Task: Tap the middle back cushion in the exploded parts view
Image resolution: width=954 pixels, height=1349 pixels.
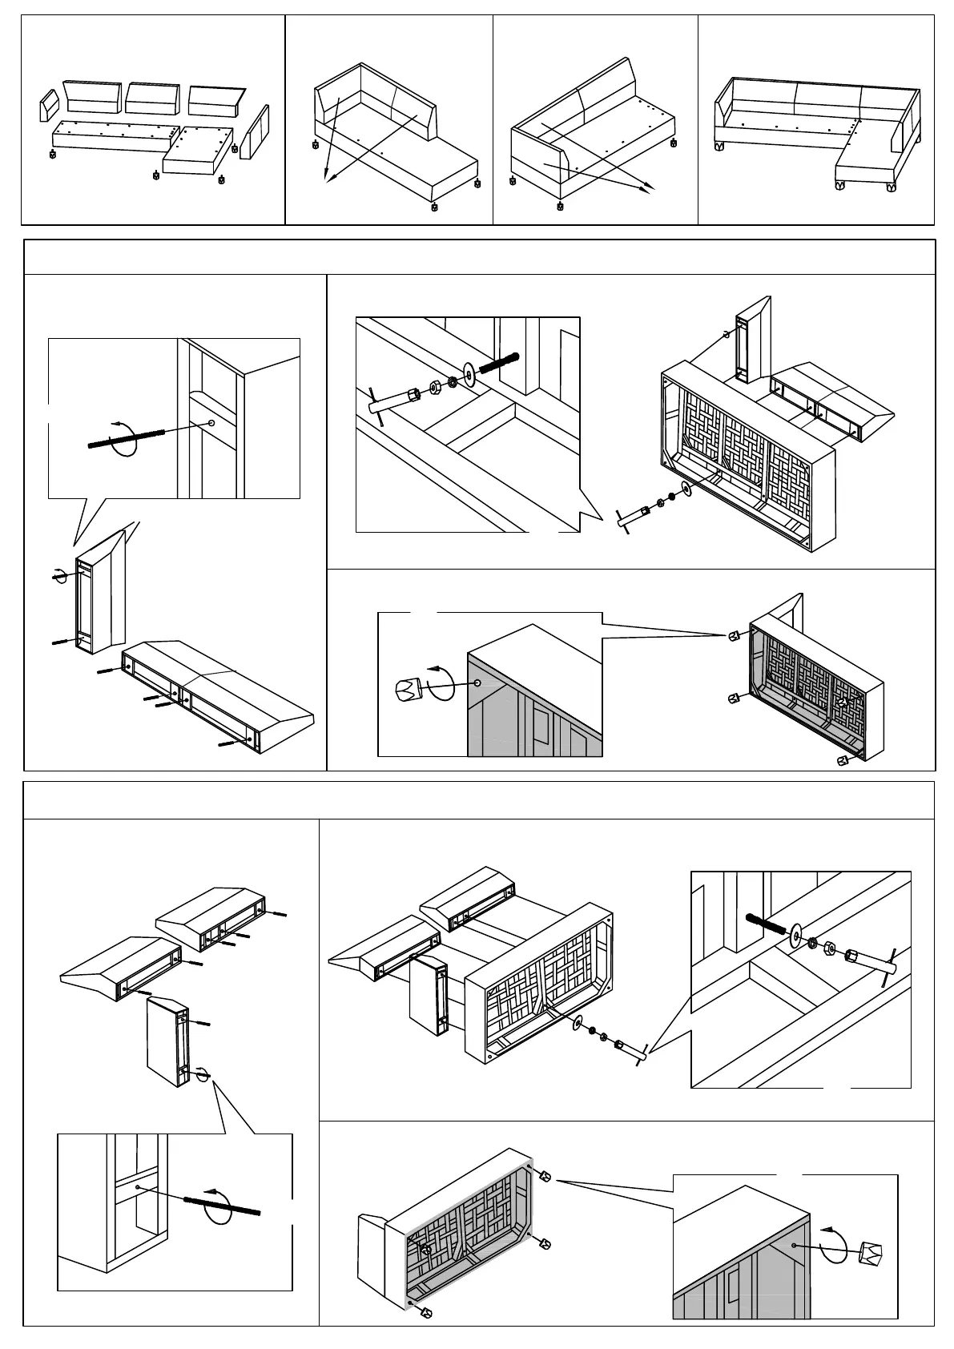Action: point(151,97)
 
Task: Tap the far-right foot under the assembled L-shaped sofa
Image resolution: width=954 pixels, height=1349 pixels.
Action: point(891,187)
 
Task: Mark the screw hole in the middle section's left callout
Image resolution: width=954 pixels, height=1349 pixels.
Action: point(211,422)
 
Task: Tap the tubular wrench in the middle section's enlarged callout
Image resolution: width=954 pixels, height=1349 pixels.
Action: point(392,401)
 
